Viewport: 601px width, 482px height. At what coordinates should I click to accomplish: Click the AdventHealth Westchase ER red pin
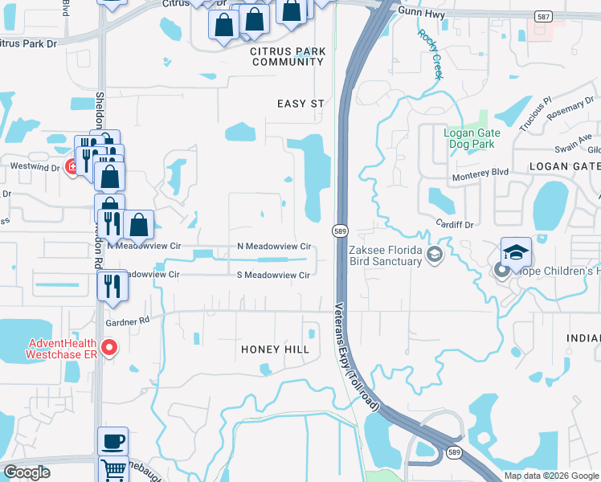tap(110, 348)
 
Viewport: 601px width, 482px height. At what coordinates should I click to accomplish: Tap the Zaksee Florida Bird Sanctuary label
tap(386, 255)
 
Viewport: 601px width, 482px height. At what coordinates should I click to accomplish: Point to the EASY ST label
tap(300, 104)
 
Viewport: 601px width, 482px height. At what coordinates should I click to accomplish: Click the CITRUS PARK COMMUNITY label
tap(288, 56)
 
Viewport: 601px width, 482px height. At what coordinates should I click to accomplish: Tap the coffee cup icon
tap(112, 441)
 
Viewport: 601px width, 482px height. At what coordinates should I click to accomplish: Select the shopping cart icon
tap(113, 470)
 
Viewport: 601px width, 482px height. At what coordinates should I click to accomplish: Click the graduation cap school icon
tap(516, 252)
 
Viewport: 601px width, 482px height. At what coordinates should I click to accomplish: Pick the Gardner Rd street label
tap(127, 321)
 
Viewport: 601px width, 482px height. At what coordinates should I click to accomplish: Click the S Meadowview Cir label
tap(273, 275)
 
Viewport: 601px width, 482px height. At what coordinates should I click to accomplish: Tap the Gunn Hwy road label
tap(420, 10)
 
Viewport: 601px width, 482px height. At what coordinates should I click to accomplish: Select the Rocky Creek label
tap(431, 54)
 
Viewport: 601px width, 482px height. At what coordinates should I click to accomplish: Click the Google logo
tap(27, 472)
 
